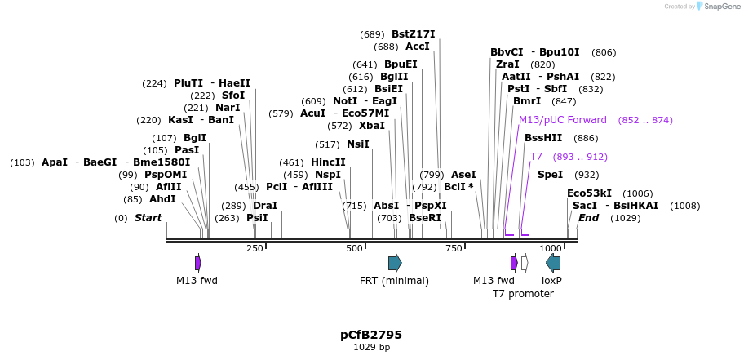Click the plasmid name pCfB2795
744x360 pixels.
click(x=371, y=335)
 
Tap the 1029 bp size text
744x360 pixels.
click(x=371, y=347)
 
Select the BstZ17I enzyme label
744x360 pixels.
click(x=414, y=34)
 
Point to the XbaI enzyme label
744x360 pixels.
click(x=372, y=126)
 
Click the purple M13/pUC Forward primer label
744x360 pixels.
click(x=563, y=120)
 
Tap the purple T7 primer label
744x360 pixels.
click(x=536, y=157)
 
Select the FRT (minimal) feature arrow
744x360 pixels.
click(x=395, y=263)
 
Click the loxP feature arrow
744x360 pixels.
click(x=553, y=263)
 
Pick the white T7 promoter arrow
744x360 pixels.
click(x=525, y=263)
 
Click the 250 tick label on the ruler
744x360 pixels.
click(x=255, y=248)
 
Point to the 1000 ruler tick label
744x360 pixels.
click(x=550, y=248)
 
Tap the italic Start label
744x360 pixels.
click(x=148, y=218)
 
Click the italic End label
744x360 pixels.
click(x=588, y=218)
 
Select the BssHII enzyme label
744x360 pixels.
click(x=543, y=138)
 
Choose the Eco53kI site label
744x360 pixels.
click(x=589, y=193)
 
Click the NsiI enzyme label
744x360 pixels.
click(x=357, y=144)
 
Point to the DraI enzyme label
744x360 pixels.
click(x=265, y=206)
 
